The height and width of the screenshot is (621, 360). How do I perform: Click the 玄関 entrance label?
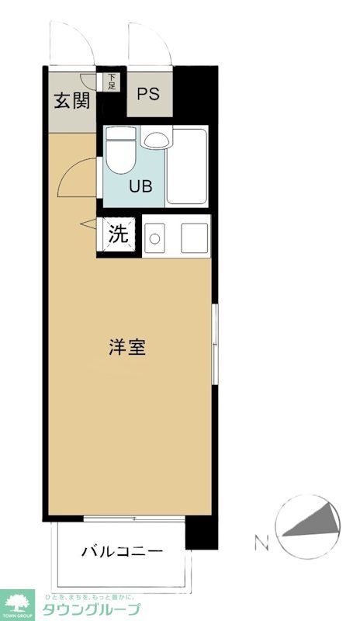[71, 101]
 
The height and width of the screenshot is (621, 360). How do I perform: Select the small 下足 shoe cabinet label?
[112, 81]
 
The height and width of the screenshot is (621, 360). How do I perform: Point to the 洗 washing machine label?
[118, 234]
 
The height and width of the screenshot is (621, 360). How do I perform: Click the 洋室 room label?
[127, 347]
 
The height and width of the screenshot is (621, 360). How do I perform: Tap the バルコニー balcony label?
[123, 552]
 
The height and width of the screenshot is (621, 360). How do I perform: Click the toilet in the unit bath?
[119, 151]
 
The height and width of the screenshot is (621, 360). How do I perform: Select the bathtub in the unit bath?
[187, 167]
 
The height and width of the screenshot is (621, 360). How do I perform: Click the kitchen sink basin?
[194, 237]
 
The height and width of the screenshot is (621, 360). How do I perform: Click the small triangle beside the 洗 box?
[88, 225]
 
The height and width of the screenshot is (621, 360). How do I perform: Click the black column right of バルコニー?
[201, 536]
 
